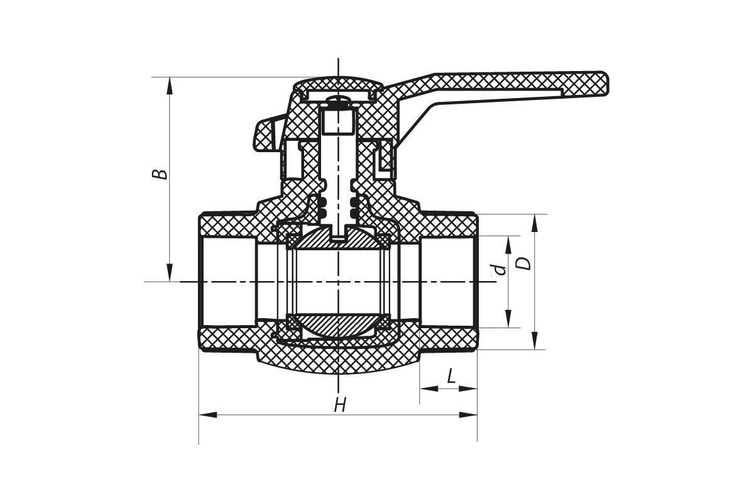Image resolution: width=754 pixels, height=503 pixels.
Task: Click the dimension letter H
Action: [x=340, y=404]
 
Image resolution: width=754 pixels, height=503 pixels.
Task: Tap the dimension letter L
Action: [x=451, y=377]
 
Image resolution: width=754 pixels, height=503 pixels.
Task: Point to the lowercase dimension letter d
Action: [x=500, y=270]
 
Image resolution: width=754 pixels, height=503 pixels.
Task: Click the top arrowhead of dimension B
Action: [x=170, y=85]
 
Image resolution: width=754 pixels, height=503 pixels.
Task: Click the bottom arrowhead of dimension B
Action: [x=170, y=274]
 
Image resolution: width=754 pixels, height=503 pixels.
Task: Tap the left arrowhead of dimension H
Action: [x=207, y=415]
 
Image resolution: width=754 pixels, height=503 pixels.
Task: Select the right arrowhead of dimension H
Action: [x=469, y=415]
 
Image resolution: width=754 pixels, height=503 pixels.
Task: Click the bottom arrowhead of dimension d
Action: [x=508, y=320]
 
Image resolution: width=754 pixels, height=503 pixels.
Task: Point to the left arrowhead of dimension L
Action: [x=429, y=389]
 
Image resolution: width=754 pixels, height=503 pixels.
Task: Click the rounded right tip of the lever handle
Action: [x=604, y=84]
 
